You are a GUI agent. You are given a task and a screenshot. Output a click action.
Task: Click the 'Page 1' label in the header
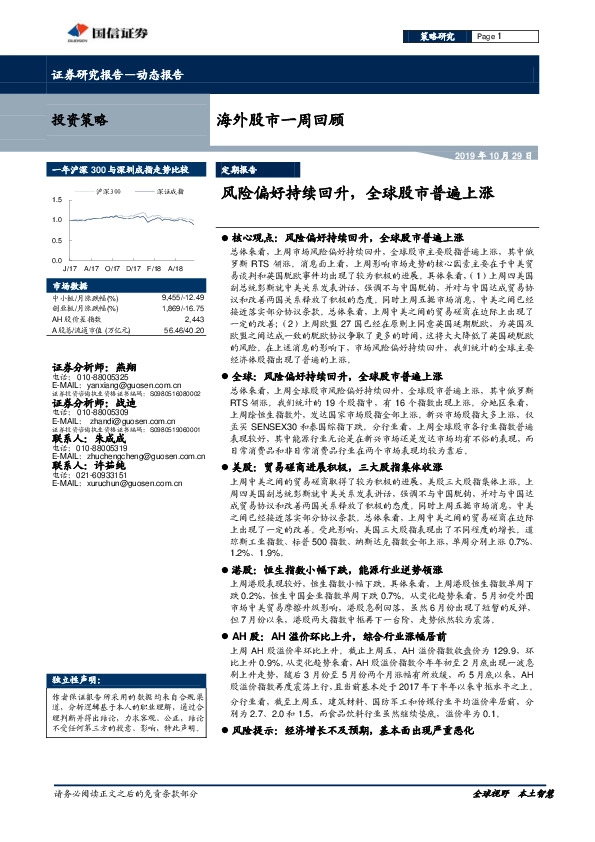point(489,37)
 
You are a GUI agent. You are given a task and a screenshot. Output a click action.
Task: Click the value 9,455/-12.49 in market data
point(183,297)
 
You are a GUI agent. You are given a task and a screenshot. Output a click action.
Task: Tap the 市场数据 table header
point(69,286)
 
